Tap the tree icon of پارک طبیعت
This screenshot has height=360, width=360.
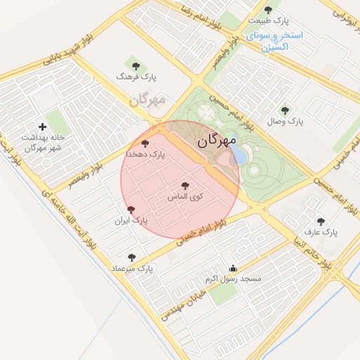click(268, 10)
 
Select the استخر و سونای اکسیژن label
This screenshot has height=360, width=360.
click(274, 41)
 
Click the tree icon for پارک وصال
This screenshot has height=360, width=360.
click(285, 110)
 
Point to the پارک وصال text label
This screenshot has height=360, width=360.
click(285, 122)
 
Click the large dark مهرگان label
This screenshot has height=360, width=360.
click(215, 140)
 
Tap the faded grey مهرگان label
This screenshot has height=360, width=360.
click(147, 100)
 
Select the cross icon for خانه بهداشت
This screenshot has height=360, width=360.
click(42, 127)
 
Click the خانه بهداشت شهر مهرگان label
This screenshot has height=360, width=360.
click(43, 143)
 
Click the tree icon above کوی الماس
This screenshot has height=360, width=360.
click(185, 186)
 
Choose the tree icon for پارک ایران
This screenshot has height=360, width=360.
click(131, 210)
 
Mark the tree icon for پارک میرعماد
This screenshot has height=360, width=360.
click(131, 257)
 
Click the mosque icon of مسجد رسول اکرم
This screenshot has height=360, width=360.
click(233, 269)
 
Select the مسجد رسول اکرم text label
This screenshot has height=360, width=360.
click(233, 279)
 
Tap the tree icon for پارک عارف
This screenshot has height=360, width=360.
click(321, 221)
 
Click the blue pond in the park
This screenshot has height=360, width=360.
click(238, 155)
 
